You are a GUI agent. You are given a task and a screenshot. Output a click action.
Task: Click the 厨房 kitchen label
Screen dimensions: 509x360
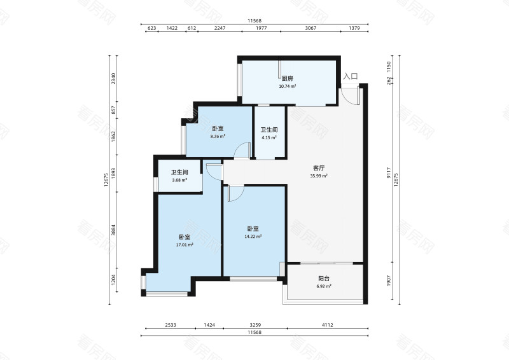click(288, 79)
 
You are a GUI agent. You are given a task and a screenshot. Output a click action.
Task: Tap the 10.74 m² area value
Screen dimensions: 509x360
click(288, 87)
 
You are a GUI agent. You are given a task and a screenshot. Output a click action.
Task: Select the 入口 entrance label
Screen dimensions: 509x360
click(351, 76)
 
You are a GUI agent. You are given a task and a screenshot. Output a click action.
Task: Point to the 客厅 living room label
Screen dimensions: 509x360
click(319, 168)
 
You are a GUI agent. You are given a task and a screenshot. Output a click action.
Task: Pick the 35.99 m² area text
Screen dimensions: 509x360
click(319, 176)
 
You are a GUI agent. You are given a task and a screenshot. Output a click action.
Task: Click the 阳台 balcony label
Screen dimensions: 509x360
click(324, 279)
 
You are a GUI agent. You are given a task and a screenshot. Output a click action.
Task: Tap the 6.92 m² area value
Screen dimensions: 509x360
click(324, 286)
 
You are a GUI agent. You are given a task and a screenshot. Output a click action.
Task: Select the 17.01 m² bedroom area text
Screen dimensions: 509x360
click(185, 245)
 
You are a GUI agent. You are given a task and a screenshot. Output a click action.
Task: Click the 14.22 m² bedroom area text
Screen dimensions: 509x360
click(253, 237)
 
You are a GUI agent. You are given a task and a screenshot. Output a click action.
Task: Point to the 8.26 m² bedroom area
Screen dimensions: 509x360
click(218, 137)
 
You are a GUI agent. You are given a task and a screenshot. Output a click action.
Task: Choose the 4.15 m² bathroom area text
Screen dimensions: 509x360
click(269, 137)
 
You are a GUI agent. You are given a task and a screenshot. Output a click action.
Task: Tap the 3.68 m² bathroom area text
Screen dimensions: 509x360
click(179, 180)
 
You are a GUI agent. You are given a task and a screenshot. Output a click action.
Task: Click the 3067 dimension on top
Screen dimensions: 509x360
click(310, 28)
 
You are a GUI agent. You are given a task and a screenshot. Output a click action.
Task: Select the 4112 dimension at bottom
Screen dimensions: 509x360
click(328, 325)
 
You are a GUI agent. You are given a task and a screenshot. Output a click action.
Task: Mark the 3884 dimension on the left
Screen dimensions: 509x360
click(113, 230)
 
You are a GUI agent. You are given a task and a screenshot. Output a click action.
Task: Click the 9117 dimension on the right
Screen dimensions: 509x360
click(389, 173)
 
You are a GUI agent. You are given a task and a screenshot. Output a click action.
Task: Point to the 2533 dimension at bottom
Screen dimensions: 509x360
click(171, 325)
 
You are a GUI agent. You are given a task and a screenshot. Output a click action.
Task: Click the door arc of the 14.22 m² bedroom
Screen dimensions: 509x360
click(238, 196)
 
